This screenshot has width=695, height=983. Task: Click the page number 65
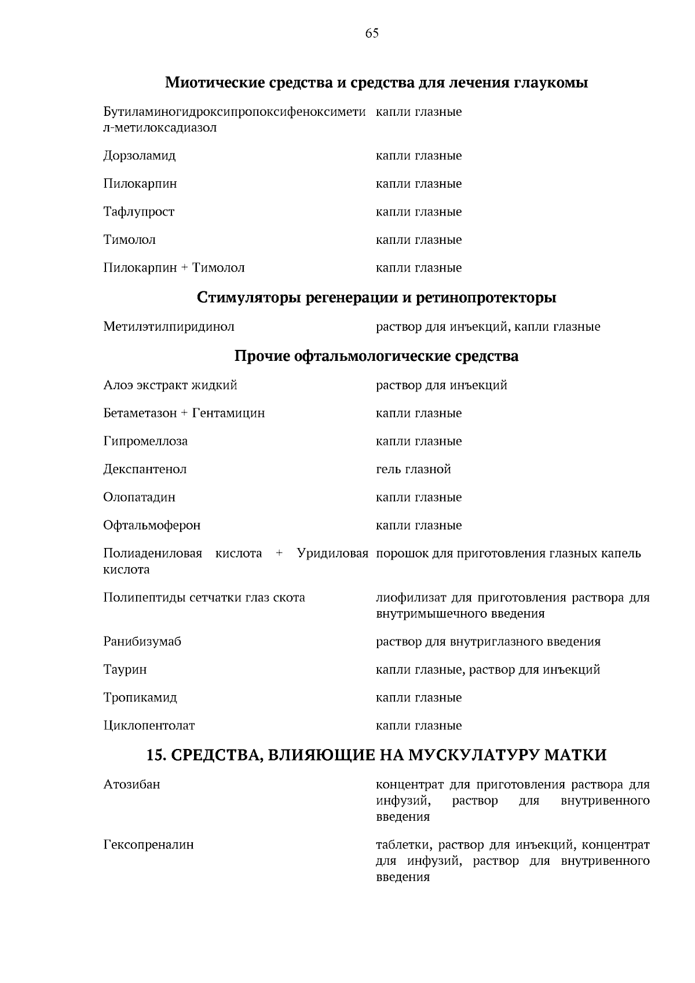tap(372, 34)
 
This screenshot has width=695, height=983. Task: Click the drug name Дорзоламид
tap(140, 156)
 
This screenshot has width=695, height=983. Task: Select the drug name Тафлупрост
tap(138, 212)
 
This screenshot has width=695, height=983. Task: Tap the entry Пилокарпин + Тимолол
tap(174, 268)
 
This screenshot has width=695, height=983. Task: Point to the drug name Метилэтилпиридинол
tap(169, 327)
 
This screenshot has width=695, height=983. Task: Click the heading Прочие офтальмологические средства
tap(376, 356)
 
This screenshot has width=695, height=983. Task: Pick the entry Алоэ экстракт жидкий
tap(170, 385)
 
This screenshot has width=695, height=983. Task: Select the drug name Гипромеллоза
tap(145, 441)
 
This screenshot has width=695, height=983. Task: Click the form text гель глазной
tap(414, 470)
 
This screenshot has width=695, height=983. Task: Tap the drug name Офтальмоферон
tap(152, 525)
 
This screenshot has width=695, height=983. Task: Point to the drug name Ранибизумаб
tap(142, 642)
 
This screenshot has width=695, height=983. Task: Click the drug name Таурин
tap(125, 670)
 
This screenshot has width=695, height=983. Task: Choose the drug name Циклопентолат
tap(149, 726)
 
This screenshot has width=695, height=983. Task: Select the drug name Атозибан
tap(131, 785)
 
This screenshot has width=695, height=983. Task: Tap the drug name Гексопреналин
tap(148, 845)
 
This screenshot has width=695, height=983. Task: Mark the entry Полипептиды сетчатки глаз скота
tap(204, 598)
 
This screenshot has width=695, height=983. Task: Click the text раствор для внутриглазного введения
tap(488, 642)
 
